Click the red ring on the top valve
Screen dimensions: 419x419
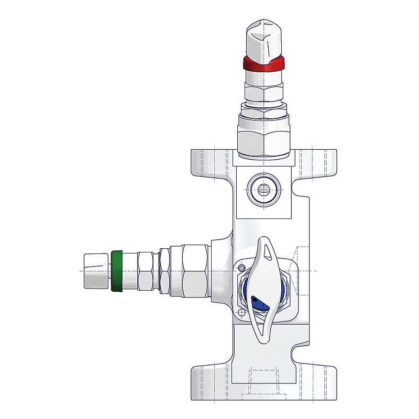[264, 63]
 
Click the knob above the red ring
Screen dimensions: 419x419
[264, 37]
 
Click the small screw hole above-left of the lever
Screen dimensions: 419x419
[242, 268]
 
